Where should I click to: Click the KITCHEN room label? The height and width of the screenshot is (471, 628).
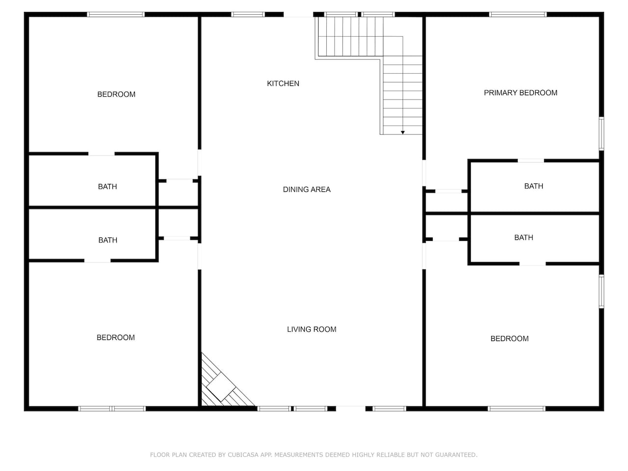[x=283, y=83]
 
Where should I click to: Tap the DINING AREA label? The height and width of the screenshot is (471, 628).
[x=307, y=189]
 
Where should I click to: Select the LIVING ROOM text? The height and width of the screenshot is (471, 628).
[x=312, y=329]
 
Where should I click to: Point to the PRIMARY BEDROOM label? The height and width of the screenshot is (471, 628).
[x=521, y=93]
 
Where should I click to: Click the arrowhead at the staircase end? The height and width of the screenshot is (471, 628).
[x=402, y=132]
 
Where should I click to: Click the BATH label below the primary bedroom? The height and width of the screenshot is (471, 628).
[x=534, y=186]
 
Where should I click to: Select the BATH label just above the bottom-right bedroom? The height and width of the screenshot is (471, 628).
[x=523, y=237]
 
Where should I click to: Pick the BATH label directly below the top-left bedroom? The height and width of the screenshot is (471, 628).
[x=107, y=186]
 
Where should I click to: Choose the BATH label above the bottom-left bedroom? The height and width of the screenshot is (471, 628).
[x=107, y=240]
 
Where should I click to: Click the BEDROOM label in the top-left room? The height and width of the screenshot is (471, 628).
[x=116, y=94]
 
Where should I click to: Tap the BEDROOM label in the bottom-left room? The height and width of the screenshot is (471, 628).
[x=116, y=338]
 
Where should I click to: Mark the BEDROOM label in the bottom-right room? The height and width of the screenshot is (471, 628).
[x=509, y=339]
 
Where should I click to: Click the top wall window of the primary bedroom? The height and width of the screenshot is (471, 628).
[x=518, y=14]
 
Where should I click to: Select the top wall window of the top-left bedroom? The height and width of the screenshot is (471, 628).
[x=116, y=14]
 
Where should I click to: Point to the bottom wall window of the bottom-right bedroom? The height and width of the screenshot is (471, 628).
[x=517, y=409]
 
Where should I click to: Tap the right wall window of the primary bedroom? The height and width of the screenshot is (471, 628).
[x=602, y=133]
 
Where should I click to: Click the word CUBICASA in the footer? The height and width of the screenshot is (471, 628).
[x=243, y=455]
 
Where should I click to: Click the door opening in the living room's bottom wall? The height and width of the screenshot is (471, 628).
[x=351, y=409]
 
